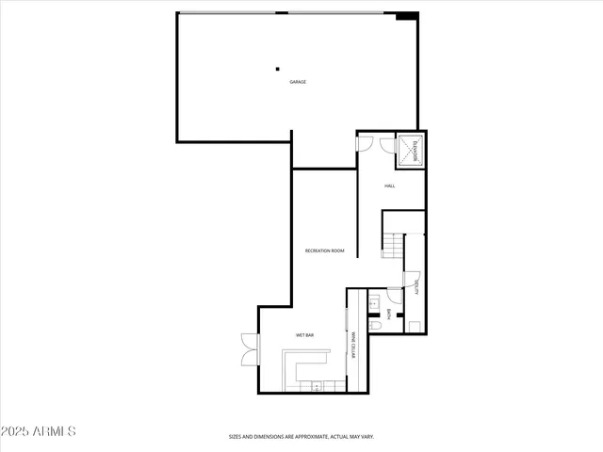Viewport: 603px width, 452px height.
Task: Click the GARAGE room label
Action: click(x=298, y=82)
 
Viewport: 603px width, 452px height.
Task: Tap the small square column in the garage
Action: click(x=277, y=68)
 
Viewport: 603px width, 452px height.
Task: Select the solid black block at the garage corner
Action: click(x=406, y=15)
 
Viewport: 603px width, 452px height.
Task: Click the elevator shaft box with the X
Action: click(x=411, y=152)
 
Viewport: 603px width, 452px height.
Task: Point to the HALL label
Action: click(x=389, y=186)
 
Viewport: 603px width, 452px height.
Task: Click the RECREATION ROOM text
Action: click(x=324, y=250)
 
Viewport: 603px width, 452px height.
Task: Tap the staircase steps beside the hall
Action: click(x=393, y=248)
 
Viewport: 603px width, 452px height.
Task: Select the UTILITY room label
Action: click(x=416, y=291)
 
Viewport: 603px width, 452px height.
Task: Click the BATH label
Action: click(x=389, y=315)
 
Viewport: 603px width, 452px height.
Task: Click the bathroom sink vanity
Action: click(x=372, y=303)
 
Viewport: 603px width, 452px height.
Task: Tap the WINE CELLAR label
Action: click(x=353, y=346)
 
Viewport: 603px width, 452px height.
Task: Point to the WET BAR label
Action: click(x=304, y=335)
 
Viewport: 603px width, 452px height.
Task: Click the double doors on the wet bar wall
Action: click(x=248, y=349)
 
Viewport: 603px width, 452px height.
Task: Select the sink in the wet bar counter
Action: click(x=318, y=385)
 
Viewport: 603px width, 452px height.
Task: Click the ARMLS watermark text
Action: click(x=55, y=431)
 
